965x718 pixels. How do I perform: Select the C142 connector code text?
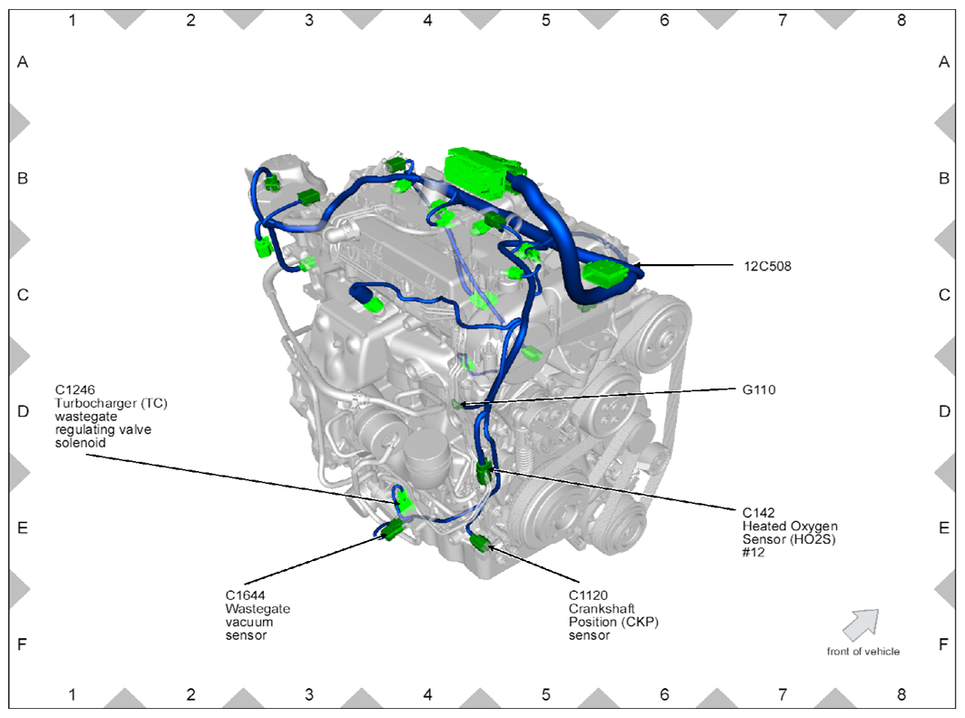point(757,513)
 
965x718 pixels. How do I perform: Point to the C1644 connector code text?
point(246,595)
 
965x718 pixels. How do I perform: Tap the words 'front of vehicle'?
point(863,652)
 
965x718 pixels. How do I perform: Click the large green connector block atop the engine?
point(481,171)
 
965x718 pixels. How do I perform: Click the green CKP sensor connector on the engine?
point(480,545)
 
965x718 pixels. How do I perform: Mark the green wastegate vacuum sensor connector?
point(393,531)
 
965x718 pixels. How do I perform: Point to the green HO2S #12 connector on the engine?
point(484,471)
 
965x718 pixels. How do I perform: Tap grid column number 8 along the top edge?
point(901,19)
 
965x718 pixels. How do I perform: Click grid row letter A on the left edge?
point(24,63)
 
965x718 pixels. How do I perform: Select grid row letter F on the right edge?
point(944,644)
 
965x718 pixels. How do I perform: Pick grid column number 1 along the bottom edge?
point(73,695)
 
